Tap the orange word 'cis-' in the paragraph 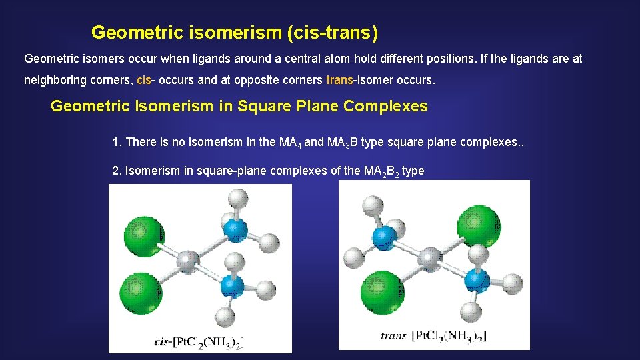(x=145, y=81)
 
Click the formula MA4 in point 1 (x=288, y=142)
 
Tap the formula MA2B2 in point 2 (x=381, y=171)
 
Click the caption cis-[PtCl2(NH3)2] (x=199, y=341)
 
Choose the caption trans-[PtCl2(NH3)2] (x=433, y=335)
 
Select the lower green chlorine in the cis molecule (x=141, y=290)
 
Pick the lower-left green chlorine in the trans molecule (x=383, y=291)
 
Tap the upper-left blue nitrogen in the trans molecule (x=385, y=237)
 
